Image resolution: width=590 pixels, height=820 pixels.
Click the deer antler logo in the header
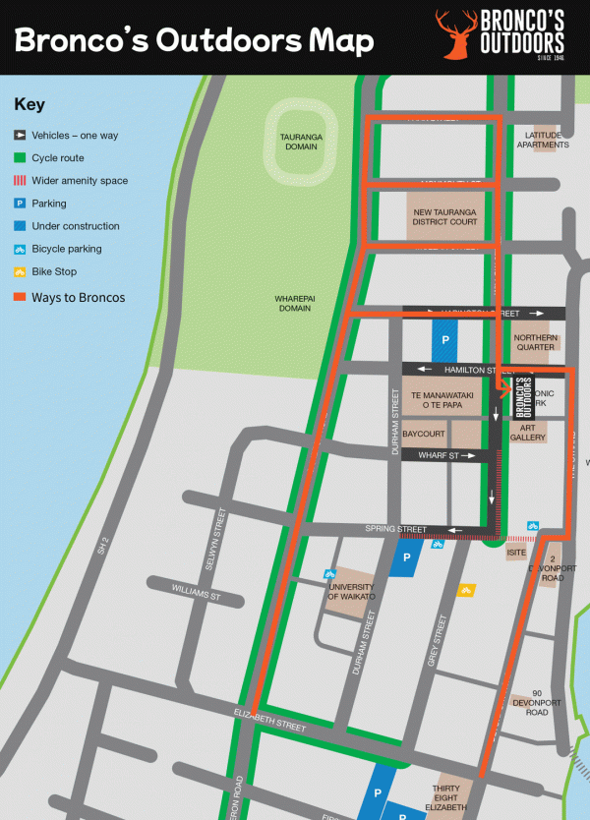(454, 35)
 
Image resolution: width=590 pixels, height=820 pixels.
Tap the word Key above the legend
(29, 104)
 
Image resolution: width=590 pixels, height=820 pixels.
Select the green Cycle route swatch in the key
(20, 157)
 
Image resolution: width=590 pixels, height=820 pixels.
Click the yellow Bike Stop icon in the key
(20, 271)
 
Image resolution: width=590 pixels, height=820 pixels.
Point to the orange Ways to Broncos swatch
(20, 297)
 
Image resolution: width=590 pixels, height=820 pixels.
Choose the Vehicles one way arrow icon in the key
(20, 135)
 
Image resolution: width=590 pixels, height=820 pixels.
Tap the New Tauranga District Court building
(444, 216)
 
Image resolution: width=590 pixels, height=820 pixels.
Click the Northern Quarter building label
(535, 342)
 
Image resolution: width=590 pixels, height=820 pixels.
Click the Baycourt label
(424, 433)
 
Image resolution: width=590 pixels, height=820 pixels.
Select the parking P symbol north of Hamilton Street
(444, 339)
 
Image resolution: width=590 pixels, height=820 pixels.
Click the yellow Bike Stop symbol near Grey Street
(467, 590)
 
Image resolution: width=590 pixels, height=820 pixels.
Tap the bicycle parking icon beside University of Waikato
(331, 573)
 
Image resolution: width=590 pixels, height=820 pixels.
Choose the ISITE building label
(516, 553)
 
